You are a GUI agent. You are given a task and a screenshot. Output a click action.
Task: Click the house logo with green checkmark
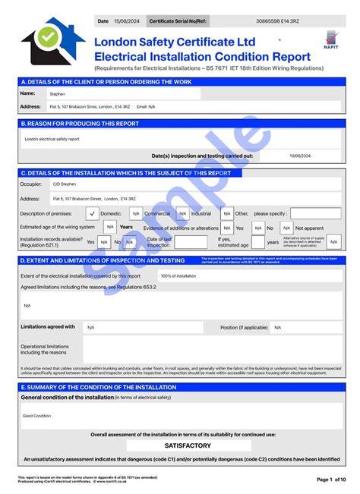52,42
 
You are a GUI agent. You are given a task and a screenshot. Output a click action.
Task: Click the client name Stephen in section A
58,93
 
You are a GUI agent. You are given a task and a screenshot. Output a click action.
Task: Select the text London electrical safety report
52,139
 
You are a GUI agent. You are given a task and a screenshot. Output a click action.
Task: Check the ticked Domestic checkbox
92,213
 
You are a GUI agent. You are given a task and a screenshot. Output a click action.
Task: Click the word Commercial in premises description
157,213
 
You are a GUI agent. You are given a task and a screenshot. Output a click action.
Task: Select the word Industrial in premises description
201,213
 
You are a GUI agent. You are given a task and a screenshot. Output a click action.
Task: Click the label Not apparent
309,227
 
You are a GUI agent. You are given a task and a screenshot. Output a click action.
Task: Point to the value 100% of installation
178,275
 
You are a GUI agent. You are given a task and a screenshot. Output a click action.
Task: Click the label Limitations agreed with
48,327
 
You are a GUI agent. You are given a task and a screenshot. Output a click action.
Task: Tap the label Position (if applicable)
244,327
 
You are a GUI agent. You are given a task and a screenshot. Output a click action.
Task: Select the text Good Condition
36,416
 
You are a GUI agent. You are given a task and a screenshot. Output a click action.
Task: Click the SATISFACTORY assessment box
188,445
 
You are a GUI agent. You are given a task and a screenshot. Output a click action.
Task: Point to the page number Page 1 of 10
330,479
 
